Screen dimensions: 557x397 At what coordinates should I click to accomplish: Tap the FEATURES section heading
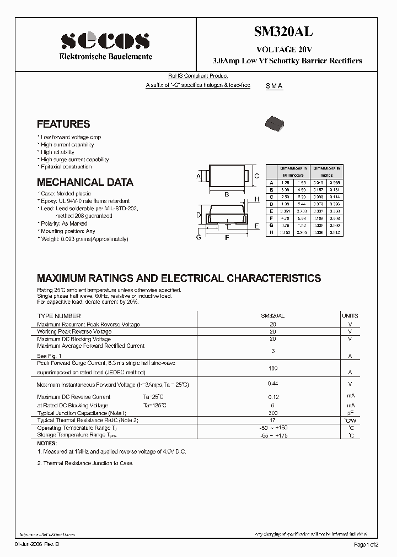tap(63, 124)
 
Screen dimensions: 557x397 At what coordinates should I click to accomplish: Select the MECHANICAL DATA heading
tap(85, 182)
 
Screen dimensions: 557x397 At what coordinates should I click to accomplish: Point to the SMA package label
tap(274, 86)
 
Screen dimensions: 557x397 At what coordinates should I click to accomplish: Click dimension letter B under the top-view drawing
tap(227, 194)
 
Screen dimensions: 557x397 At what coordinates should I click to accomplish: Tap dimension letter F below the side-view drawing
tap(227, 238)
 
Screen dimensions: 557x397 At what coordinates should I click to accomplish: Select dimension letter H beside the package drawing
tap(256, 199)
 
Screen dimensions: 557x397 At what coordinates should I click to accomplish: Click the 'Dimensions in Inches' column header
tap(327, 171)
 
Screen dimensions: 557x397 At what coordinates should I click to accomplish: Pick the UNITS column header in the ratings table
tap(350, 316)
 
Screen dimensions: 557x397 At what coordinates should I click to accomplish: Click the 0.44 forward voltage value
tap(272, 383)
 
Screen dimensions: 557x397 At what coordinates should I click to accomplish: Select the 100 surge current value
tap(272, 367)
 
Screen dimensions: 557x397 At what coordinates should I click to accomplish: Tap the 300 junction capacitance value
tap(272, 413)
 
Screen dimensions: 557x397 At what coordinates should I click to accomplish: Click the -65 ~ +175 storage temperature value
tap(272, 435)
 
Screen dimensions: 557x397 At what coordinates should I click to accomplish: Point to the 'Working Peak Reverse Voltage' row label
tap(73, 332)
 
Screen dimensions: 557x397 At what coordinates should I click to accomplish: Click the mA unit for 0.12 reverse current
tap(350, 396)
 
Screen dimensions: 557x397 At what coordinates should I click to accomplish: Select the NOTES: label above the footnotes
tap(47, 443)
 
